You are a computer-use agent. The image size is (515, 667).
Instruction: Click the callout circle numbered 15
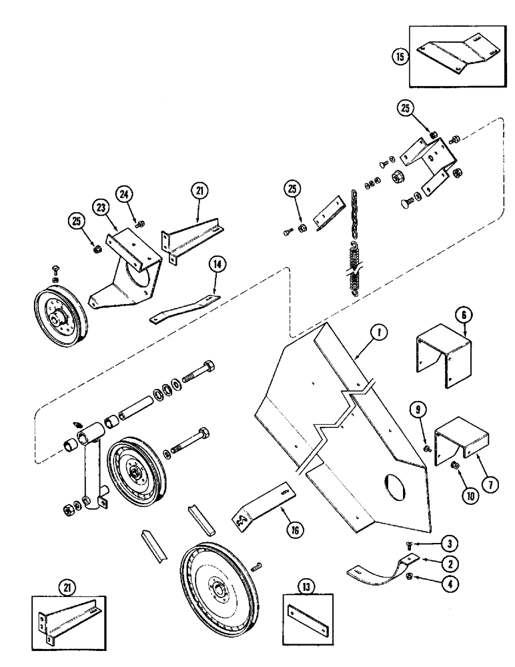pyautogui.click(x=400, y=57)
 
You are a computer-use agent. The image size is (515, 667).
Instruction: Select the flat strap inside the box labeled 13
pyautogui.click(x=309, y=616)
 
